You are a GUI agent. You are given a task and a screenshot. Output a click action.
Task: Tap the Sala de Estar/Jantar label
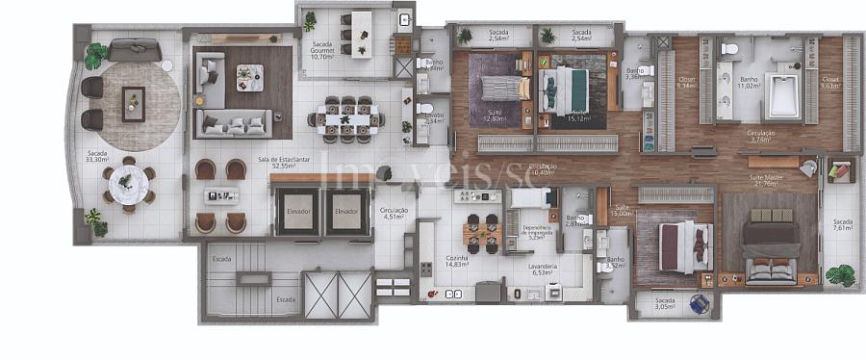283,162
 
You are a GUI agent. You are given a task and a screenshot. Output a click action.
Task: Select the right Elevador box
346,211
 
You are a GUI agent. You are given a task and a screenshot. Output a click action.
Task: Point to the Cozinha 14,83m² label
457,262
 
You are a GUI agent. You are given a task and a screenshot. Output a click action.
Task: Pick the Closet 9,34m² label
686,84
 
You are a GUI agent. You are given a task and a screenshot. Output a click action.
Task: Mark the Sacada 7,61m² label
842,226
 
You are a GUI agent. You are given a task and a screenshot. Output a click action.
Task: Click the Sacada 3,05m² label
666,304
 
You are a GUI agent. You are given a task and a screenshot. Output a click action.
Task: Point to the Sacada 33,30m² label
97,156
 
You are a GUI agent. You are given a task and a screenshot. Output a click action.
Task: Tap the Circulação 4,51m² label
394,214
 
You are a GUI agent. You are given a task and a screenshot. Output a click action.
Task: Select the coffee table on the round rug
134,102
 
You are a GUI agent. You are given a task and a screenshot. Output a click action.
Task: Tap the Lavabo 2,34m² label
433,119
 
